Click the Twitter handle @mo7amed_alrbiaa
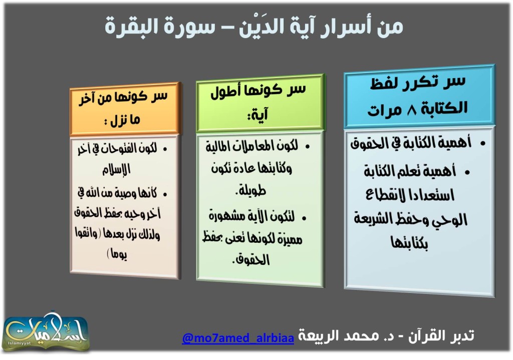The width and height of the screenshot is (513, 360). point(238,337)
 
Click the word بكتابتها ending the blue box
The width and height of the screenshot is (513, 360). point(409,243)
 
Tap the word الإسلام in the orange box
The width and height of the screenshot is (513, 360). point(116,169)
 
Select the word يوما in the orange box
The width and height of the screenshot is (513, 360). point(118,254)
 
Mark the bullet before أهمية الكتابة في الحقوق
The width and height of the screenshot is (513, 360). point(483,143)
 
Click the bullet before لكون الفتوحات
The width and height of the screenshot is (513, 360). point(165,149)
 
